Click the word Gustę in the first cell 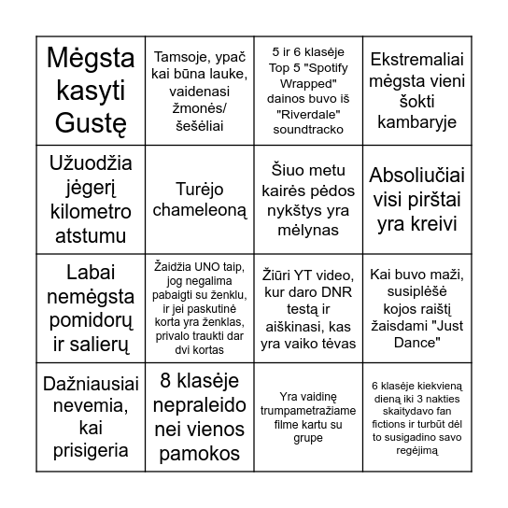pyautogui.click(x=90, y=120)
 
